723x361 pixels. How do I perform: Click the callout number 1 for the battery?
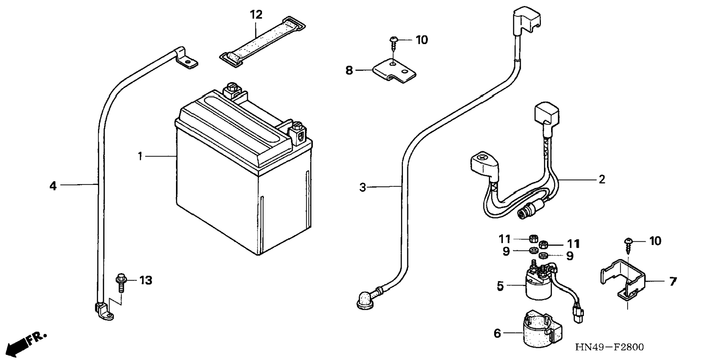click(x=140, y=156)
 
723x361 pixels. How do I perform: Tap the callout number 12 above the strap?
click(x=256, y=15)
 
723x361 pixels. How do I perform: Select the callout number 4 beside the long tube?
click(x=53, y=186)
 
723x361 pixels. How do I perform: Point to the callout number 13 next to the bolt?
click(x=146, y=280)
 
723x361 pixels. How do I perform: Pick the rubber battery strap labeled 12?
click(x=262, y=43)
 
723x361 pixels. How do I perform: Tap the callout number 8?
click(x=349, y=70)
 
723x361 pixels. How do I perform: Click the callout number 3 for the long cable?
click(x=362, y=187)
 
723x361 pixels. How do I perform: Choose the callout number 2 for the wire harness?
click(x=602, y=180)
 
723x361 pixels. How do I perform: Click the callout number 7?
click(x=673, y=281)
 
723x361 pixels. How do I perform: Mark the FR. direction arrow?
click(x=26, y=343)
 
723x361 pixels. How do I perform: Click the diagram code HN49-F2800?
click(x=609, y=348)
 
